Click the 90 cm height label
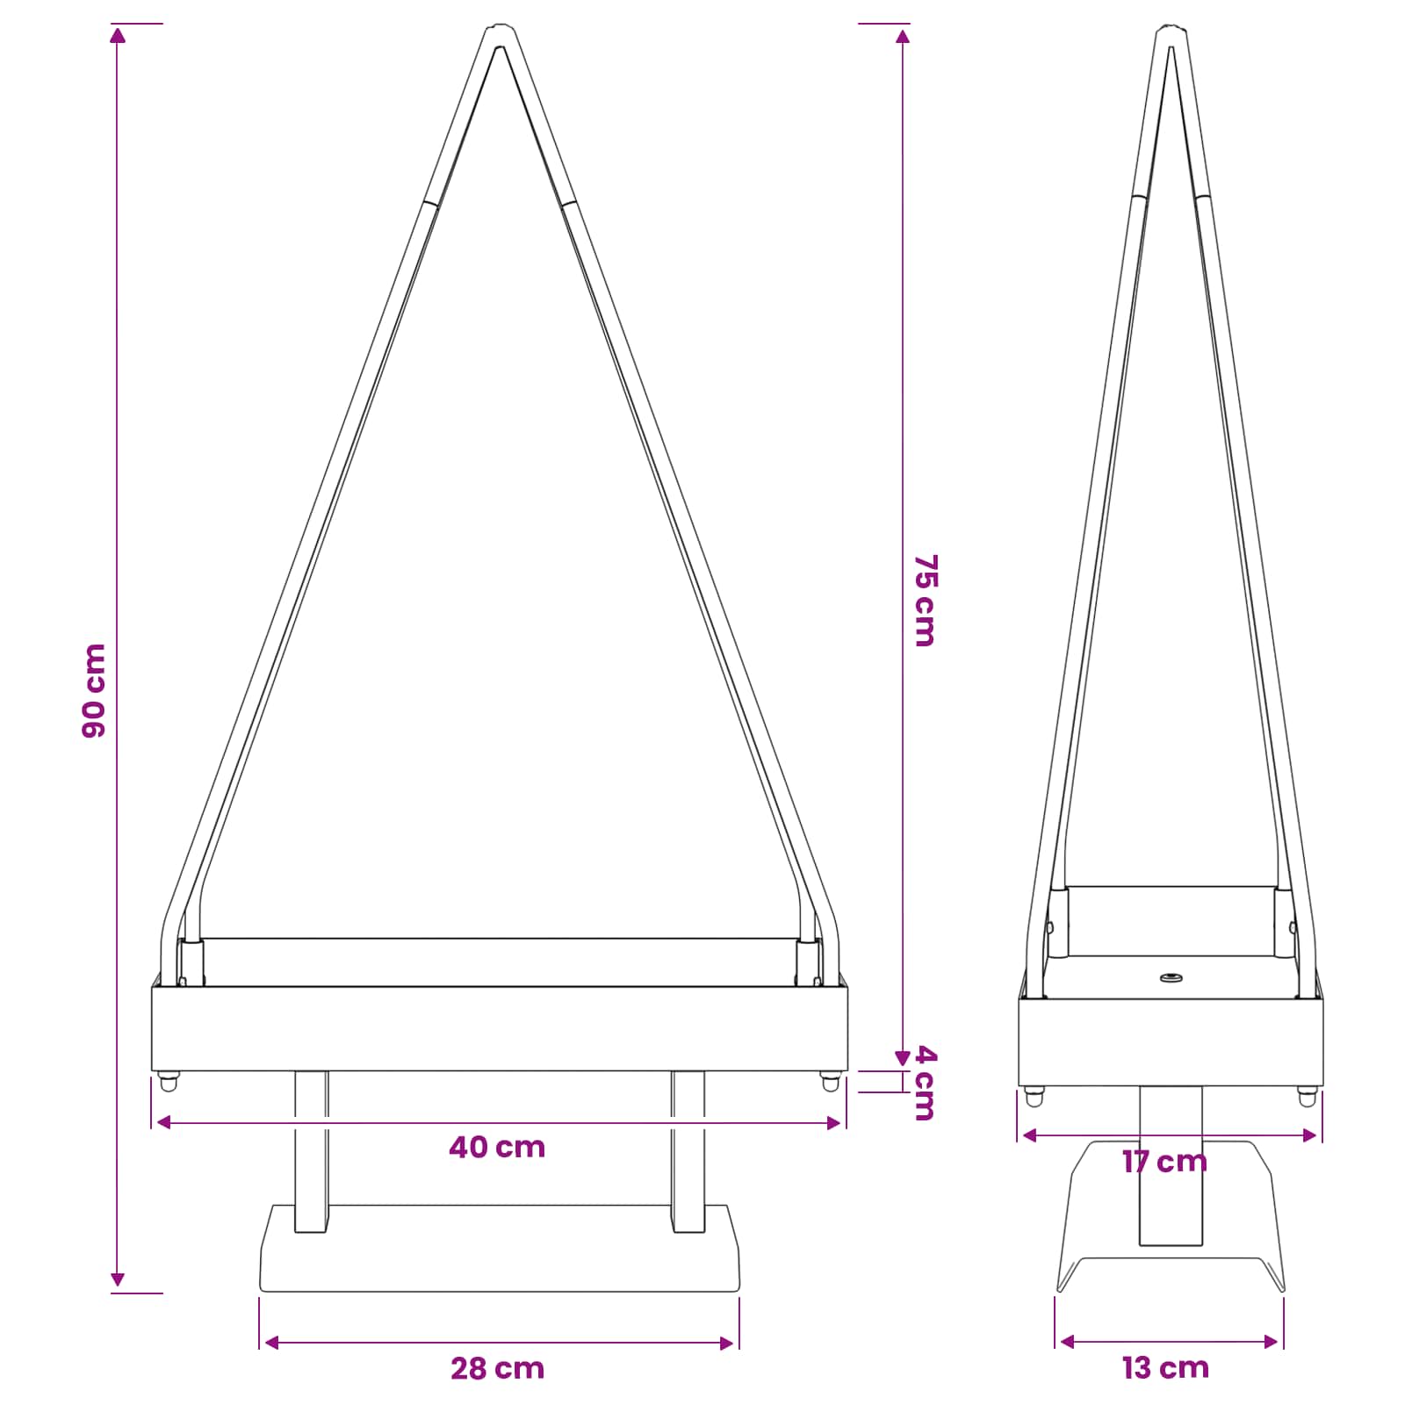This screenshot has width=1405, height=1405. tap(94, 690)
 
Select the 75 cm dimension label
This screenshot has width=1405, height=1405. tap(926, 601)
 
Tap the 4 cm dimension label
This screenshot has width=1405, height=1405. tap(926, 1083)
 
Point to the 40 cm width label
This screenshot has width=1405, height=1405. tap(497, 1148)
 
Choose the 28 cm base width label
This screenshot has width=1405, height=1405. tap(498, 1368)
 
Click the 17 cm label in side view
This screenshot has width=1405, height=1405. tap(1165, 1162)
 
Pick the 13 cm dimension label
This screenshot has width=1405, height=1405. tap(1165, 1367)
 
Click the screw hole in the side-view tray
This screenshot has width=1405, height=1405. tap(1170, 977)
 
